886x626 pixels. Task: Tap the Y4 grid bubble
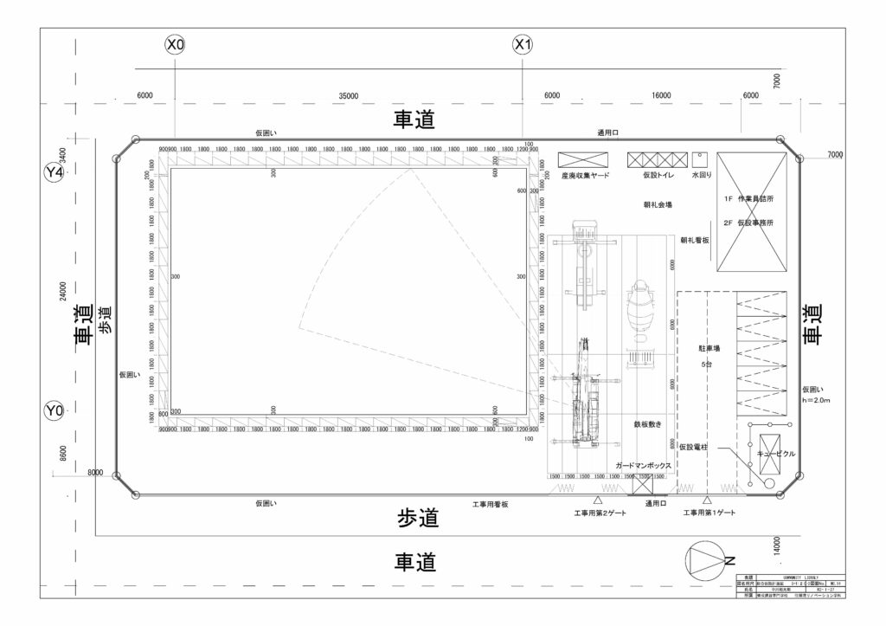point(55,173)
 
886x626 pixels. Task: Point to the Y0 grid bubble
point(55,409)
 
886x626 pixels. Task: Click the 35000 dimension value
point(350,95)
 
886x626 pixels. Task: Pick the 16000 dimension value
point(661,95)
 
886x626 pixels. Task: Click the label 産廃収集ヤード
point(585,175)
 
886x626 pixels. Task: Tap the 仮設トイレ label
point(658,175)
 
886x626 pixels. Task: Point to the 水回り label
point(700,175)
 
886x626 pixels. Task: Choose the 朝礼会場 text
point(658,205)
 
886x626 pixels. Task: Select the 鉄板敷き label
point(647,426)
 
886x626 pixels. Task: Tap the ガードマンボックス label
point(644,466)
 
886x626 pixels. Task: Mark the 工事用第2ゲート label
point(599,513)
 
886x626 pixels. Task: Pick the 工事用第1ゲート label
point(709,513)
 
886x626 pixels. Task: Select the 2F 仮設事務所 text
point(750,223)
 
